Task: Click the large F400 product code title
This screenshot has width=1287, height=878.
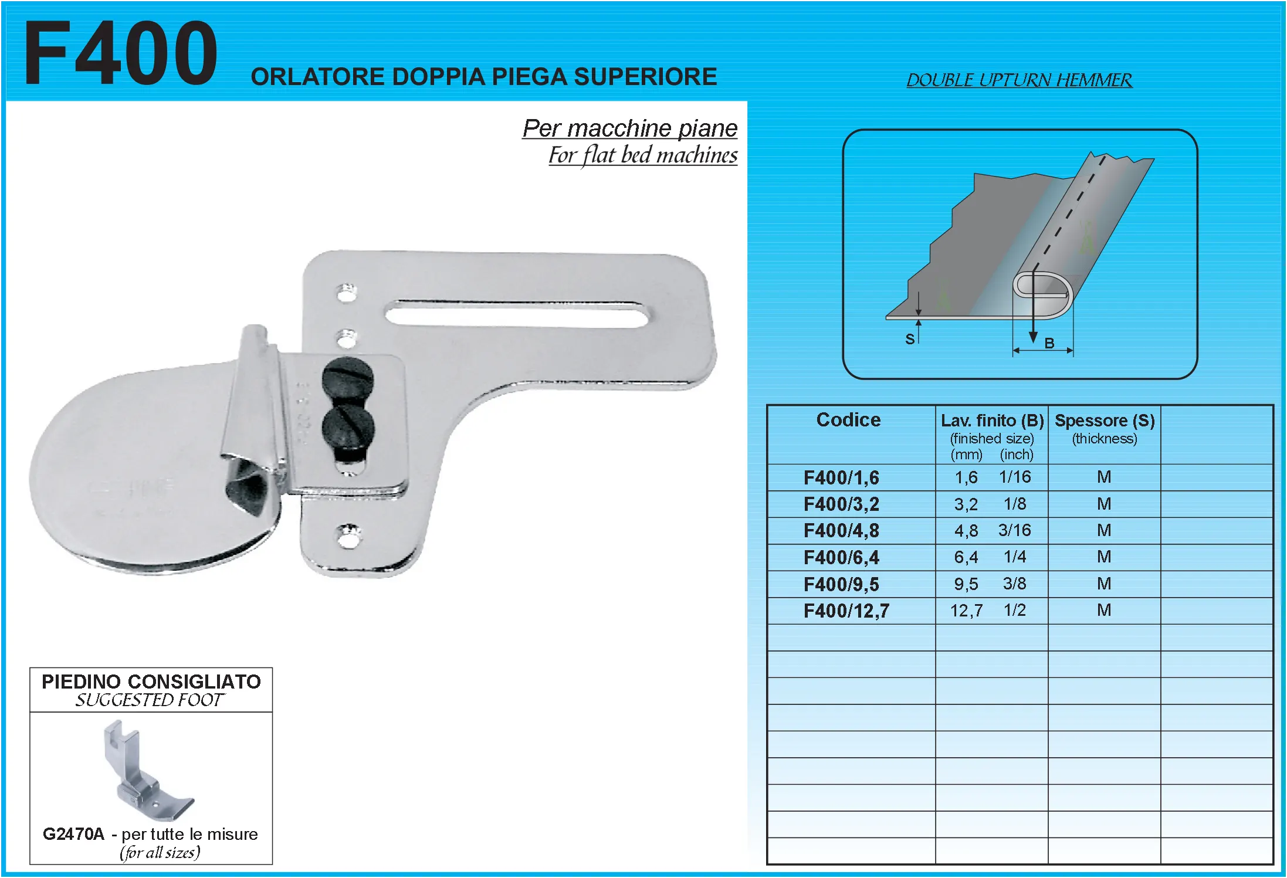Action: pos(121,53)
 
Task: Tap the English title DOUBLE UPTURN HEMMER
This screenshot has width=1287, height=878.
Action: pos(1019,80)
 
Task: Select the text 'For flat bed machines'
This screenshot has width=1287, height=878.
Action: pos(643,155)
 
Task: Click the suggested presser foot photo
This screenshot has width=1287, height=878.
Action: pos(149,771)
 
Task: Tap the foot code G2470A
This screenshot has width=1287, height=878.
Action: pos(73,834)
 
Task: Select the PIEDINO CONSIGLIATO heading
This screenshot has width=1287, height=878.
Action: pos(151,682)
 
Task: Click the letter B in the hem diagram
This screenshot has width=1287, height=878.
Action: pos(1049,343)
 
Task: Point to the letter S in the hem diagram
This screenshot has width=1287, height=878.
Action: pos(910,339)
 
